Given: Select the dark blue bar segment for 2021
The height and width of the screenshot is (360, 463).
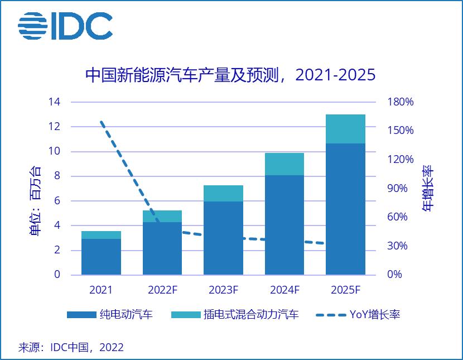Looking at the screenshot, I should [101, 257].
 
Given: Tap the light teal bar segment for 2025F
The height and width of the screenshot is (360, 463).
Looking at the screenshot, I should [345, 129].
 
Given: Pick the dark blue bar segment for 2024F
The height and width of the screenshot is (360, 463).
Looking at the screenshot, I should [284, 224].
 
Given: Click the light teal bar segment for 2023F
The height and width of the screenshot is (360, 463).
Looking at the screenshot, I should [223, 193].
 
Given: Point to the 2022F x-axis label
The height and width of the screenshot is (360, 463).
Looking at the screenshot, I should [162, 290].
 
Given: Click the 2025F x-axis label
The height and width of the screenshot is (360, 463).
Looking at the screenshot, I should [345, 290].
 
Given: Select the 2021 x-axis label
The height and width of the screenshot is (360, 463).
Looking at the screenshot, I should [101, 290].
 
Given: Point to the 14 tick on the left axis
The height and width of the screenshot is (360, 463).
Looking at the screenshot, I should [54, 102].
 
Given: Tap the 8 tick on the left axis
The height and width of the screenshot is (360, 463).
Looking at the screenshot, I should [56, 176].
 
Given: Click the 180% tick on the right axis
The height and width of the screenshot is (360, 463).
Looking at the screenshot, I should [401, 102].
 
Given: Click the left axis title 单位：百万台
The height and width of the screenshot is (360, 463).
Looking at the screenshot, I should [35, 201].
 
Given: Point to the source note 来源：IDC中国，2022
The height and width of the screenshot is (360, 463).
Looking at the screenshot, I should [71, 347].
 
